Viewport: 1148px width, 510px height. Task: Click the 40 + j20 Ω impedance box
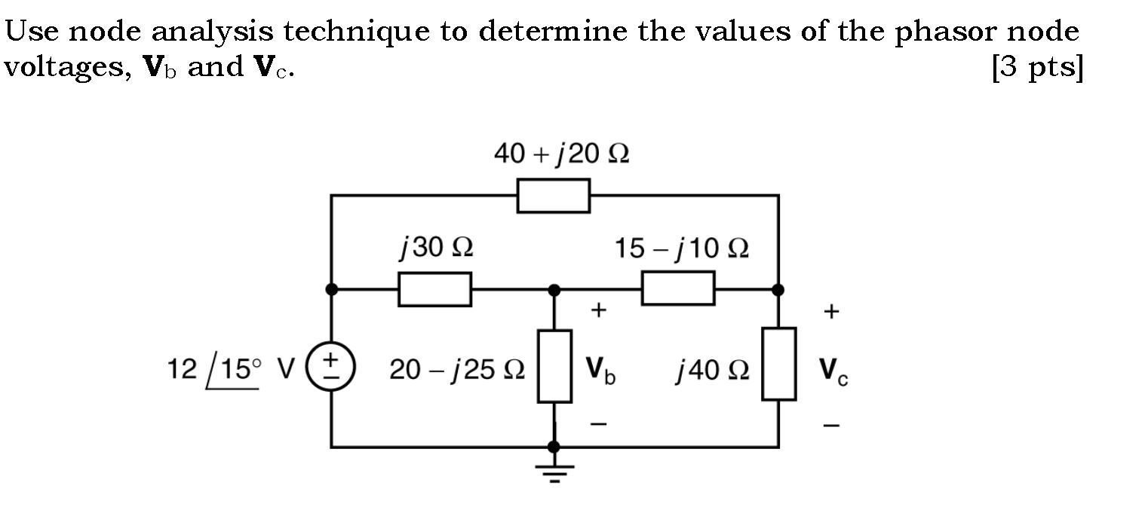(x=553, y=196)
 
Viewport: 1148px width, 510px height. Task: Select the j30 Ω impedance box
(x=434, y=289)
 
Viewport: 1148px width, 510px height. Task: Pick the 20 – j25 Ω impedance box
(x=554, y=366)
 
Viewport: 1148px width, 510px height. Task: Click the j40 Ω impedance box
(x=778, y=364)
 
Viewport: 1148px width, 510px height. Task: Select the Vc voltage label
(x=833, y=370)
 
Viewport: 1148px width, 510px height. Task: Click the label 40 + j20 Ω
(x=561, y=154)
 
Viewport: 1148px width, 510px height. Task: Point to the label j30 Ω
(x=435, y=247)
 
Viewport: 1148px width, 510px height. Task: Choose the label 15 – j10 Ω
(x=681, y=248)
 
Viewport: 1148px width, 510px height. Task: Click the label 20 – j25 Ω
(x=456, y=370)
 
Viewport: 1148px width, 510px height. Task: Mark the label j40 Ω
(x=713, y=370)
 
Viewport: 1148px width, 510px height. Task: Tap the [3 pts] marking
(x=1038, y=69)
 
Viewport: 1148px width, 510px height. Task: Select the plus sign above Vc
(x=831, y=310)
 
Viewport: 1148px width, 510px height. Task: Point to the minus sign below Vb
(x=597, y=425)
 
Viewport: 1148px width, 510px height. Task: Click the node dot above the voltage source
(x=331, y=289)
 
